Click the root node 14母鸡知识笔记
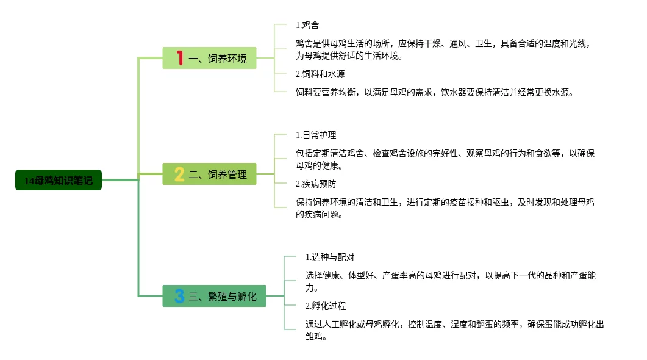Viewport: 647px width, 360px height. [59, 180]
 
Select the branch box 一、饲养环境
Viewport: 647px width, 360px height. [209, 58]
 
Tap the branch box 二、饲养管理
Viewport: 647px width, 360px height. [209, 174]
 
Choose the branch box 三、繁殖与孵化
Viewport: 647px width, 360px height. [214, 296]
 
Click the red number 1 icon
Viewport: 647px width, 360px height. [180, 58]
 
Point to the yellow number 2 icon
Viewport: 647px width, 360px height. [179, 174]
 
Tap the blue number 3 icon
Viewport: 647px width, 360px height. [179, 296]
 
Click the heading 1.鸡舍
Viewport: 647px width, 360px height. [307, 25]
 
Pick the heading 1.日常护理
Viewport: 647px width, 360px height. [316, 135]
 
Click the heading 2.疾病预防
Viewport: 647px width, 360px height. [316, 184]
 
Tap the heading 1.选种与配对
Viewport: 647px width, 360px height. [330, 257]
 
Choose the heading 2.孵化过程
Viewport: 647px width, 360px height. [326, 306]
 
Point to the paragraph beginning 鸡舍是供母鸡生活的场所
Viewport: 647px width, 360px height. [442, 49]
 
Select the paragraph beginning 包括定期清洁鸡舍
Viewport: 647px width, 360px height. [445, 159]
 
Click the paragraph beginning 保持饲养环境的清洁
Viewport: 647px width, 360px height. [445, 208]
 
